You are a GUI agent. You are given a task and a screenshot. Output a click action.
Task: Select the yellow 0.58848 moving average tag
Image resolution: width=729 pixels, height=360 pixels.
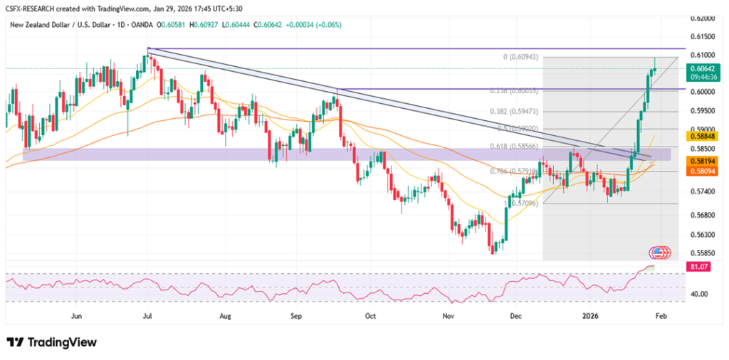[702, 134]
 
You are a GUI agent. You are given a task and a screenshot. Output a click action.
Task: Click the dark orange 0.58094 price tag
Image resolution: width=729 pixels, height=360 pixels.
[702, 171]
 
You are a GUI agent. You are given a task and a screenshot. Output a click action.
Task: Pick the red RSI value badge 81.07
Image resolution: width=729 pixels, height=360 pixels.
[701, 266]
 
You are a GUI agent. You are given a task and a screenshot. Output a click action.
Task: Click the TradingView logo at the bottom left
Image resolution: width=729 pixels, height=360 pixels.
[51, 342]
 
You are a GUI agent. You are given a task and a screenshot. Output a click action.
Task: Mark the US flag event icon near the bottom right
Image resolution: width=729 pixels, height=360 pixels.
[656, 253]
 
